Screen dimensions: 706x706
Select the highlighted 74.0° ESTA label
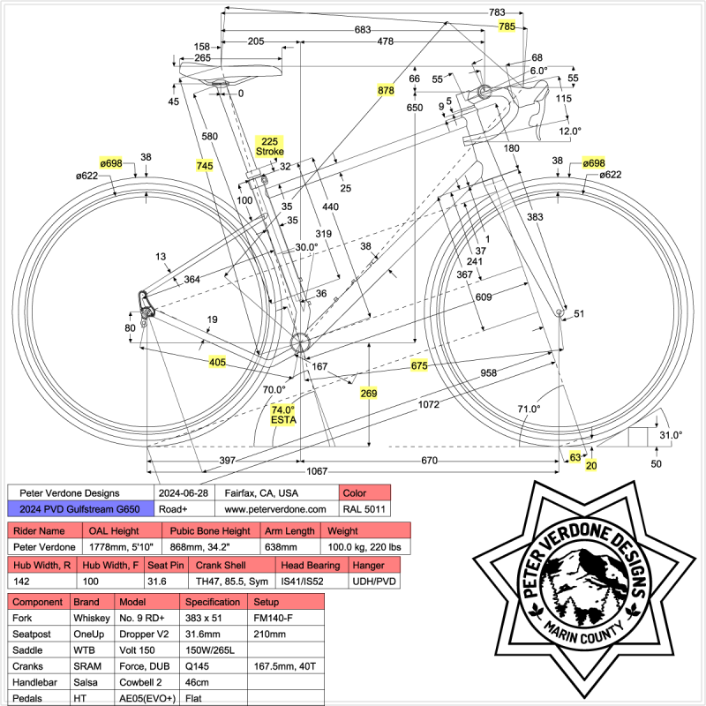(x=282, y=415)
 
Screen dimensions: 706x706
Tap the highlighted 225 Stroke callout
(x=269, y=146)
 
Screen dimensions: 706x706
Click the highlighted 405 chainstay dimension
(x=217, y=362)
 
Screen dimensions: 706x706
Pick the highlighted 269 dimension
(x=370, y=394)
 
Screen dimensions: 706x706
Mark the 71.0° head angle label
(x=529, y=409)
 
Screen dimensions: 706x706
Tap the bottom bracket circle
(x=299, y=342)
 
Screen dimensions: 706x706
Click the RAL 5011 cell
(x=364, y=509)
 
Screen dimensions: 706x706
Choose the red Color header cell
(x=364, y=492)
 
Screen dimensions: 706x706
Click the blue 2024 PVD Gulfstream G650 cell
(x=79, y=509)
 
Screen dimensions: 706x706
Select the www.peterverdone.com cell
(x=275, y=509)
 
